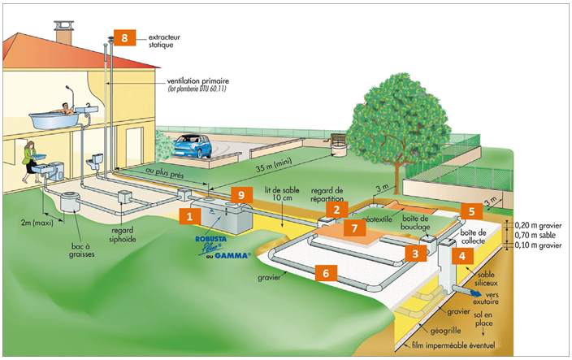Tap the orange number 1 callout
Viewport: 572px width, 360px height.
click(189, 217)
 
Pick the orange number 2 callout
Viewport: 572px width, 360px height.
click(336, 210)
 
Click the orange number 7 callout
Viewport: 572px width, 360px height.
click(352, 228)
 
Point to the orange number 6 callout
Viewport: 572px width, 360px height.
click(325, 274)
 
